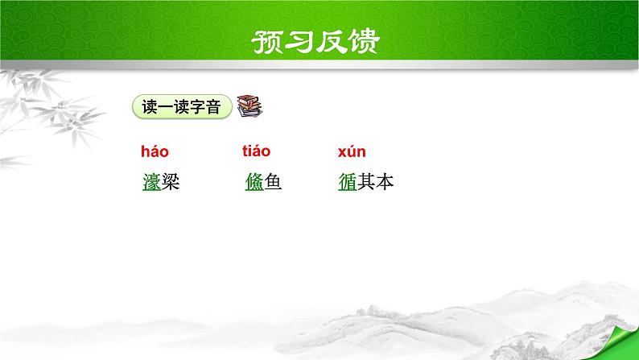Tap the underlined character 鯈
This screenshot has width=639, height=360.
pos(254,184)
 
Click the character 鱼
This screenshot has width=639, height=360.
pos(273,184)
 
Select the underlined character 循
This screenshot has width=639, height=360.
pos(348,184)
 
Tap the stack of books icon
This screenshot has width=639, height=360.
pos(249,107)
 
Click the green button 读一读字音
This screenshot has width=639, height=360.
pos(181,107)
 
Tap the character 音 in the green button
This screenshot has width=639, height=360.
pos(213,107)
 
